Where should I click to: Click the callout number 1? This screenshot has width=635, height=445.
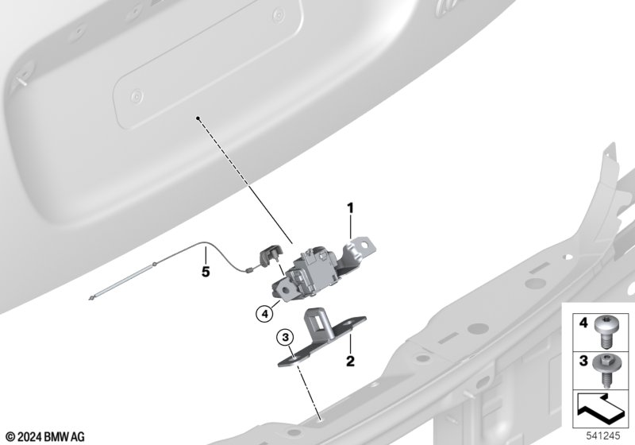[x=350, y=208]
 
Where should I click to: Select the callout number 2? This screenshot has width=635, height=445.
[x=350, y=361]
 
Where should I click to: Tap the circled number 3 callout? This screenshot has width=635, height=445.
[x=286, y=337]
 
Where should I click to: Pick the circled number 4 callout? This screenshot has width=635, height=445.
[x=264, y=313]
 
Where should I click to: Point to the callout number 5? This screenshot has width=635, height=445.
[x=206, y=272]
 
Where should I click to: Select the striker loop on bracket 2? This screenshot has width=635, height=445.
[x=319, y=321]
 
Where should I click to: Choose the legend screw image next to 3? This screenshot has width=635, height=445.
[x=604, y=371]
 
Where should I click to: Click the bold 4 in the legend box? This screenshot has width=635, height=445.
[x=583, y=323]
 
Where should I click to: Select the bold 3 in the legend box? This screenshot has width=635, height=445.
[x=583, y=361]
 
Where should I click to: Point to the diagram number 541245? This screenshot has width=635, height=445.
[x=603, y=436]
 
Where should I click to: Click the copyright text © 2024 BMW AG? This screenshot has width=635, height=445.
[x=45, y=437]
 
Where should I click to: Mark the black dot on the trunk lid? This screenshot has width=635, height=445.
[x=198, y=118]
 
